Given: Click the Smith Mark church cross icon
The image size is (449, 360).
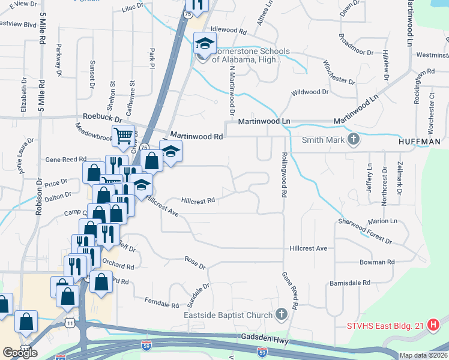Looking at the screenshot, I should [354, 140].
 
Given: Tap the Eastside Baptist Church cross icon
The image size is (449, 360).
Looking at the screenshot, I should [282, 314].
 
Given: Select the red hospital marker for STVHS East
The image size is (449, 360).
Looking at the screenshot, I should [434, 326].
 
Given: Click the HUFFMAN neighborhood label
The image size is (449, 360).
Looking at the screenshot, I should [420, 142].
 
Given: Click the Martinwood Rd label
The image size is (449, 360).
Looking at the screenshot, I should [196, 136].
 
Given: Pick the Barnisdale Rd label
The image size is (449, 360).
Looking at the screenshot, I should [349, 283].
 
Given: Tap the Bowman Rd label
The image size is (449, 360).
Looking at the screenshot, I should [376, 262].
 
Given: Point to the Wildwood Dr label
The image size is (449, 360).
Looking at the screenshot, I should [310, 92].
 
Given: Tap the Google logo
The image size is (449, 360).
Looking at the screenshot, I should [20, 353].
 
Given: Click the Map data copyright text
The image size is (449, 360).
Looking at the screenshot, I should [424, 355].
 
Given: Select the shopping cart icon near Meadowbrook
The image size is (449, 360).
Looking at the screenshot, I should [123, 136].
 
